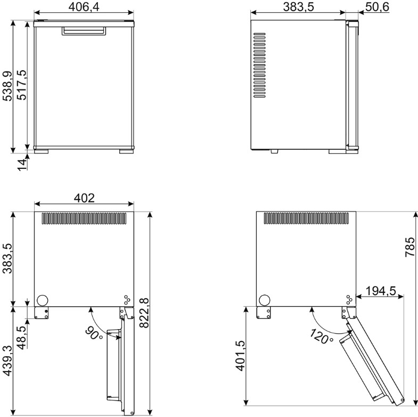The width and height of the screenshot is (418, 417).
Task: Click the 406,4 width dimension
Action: pyautogui.click(x=84, y=7)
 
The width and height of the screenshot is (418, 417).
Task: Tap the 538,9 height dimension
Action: pyautogui.click(x=7, y=86)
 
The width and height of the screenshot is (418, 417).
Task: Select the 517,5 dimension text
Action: pyautogui.click(x=22, y=85)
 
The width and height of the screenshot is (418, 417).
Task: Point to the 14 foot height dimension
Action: pyautogui.click(x=22, y=165)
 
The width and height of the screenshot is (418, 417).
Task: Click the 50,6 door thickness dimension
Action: pyautogui.click(x=377, y=7)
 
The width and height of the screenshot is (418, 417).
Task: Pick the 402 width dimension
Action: pyautogui.click(x=84, y=198)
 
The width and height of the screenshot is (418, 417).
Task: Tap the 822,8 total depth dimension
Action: pyautogui.click(x=144, y=313)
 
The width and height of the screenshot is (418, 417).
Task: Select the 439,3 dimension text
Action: pyautogui.click(x=7, y=361)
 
